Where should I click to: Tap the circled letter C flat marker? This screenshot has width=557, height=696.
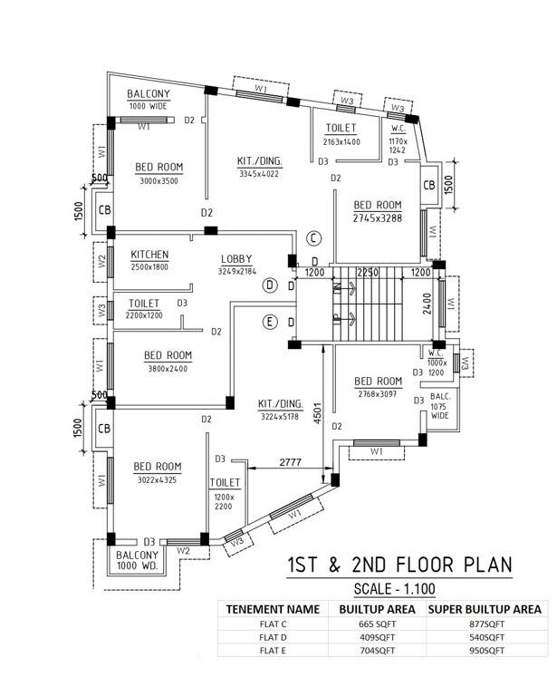coord(312,238)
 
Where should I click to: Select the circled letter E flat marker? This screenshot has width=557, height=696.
coord(269,322)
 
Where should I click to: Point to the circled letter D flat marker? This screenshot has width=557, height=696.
coord(269,285)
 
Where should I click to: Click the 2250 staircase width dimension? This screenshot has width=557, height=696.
coord(368,272)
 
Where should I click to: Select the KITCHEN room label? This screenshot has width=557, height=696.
coord(149,255)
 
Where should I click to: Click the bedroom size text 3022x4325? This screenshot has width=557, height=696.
coord(157,480)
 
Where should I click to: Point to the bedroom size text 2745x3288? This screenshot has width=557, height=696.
coord(378,217)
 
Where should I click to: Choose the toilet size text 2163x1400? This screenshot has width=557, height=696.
coord(341,142)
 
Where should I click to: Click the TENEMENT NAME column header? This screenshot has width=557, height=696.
coord(273,609)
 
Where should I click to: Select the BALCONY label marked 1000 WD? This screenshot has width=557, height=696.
coord(138,560)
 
